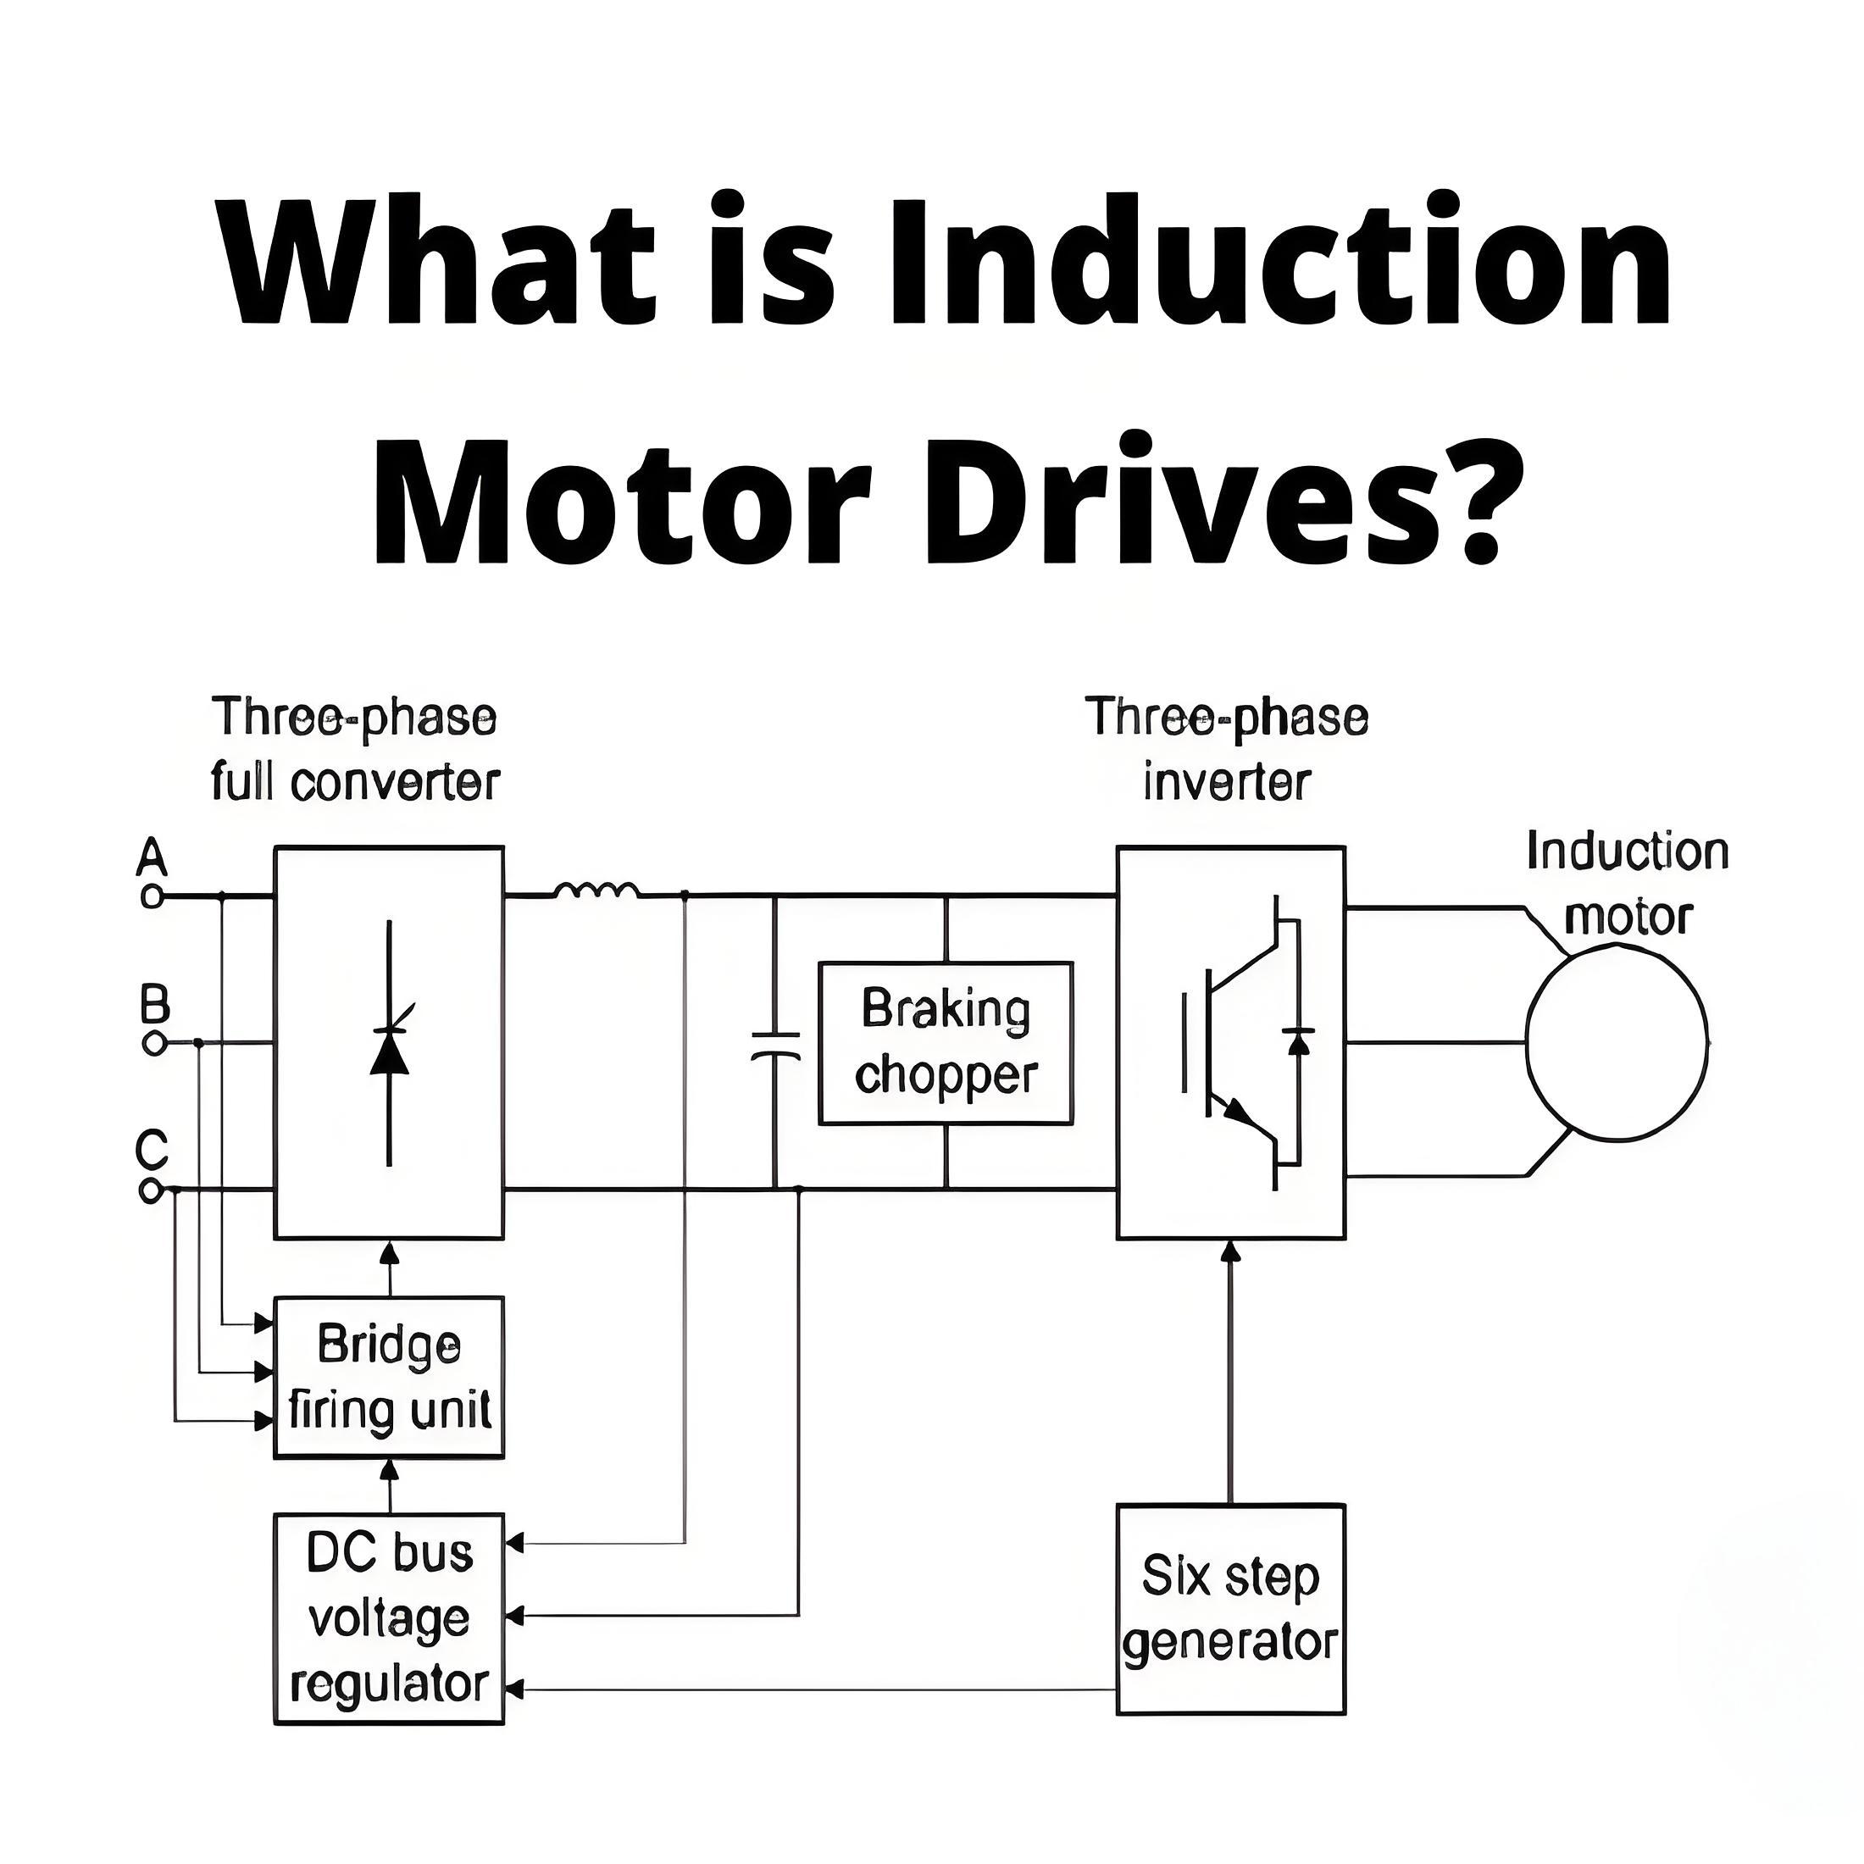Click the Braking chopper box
[x=946, y=1043]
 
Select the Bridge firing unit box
[x=389, y=1377]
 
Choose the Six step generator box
[x=1230, y=1609]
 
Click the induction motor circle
[x=1528, y=1042]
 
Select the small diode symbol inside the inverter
[x=1299, y=1042]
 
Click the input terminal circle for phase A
[x=152, y=896]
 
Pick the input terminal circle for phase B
[x=153, y=1044]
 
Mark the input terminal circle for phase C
[x=151, y=1191]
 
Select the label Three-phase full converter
[x=355, y=749]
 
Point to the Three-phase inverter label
[x=1226, y=749]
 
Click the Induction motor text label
[x=1628, y=883]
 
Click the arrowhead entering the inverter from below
[x=1230, y=1251]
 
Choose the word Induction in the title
[x=1279, y=258]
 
